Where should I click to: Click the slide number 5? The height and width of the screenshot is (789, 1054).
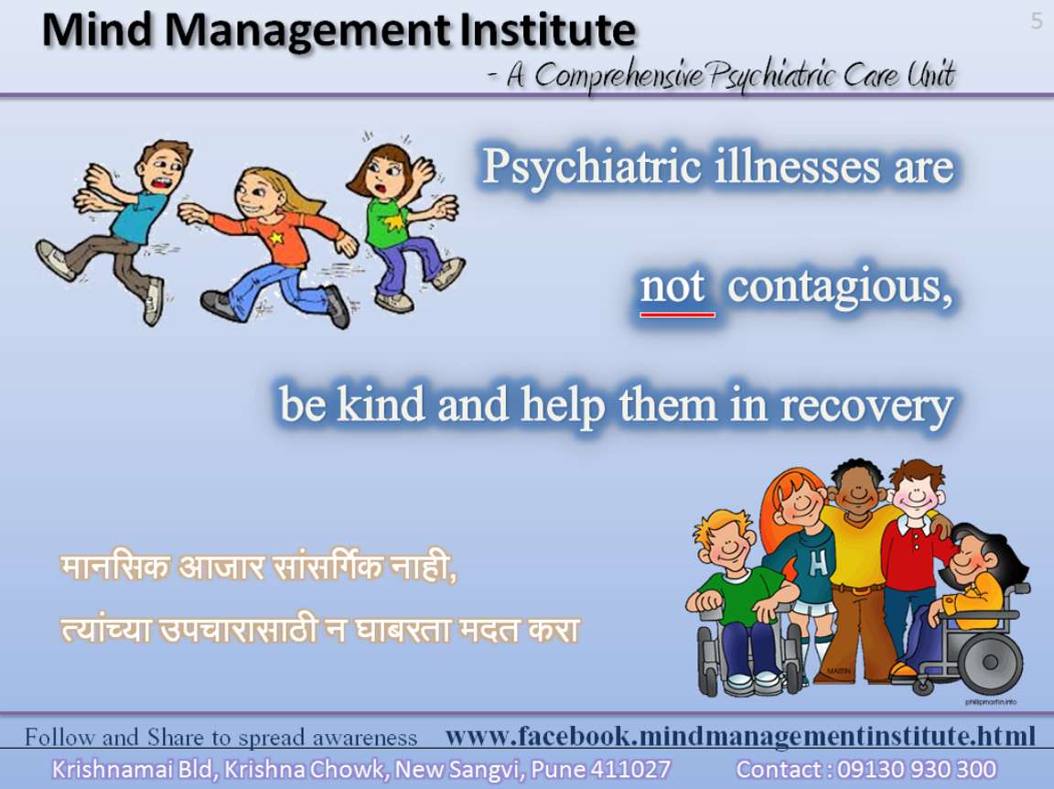click(1037, 22)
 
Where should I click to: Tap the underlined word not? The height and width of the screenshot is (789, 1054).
click(672, 286)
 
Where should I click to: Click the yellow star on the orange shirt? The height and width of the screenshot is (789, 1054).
click(276, 237)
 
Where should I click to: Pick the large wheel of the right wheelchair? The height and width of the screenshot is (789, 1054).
click(989, 662)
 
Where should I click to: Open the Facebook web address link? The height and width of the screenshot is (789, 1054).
click(740, 736)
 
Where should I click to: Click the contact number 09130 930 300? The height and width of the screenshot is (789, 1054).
click(918, 769)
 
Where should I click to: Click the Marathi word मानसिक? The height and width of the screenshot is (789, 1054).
click(115, 567)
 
